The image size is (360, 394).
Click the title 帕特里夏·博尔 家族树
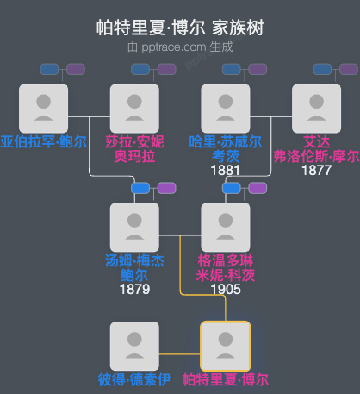[180, 28]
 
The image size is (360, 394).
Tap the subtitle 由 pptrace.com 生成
[180, 47]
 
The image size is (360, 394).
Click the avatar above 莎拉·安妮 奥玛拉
[134, 107]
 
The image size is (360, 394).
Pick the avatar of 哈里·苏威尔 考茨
[226, 107]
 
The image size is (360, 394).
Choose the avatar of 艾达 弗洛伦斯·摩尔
[316, 107]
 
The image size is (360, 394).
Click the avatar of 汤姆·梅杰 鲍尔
[134, 227]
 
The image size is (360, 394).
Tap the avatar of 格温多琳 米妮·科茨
[226, 227]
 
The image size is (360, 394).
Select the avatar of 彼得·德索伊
[134, 346]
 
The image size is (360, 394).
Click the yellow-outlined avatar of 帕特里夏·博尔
[226, 346]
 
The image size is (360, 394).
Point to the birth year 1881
[226, 171]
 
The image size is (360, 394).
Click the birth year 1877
[316, 171]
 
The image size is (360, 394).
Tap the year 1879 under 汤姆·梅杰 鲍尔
[134, 289]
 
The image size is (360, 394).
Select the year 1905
[226, 289]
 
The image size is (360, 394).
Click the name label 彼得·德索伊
[134, 379]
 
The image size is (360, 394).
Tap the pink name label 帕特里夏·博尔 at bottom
[226, 379]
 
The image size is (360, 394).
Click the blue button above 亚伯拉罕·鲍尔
[50, 69]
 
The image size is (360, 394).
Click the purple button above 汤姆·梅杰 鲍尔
[166, 188]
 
